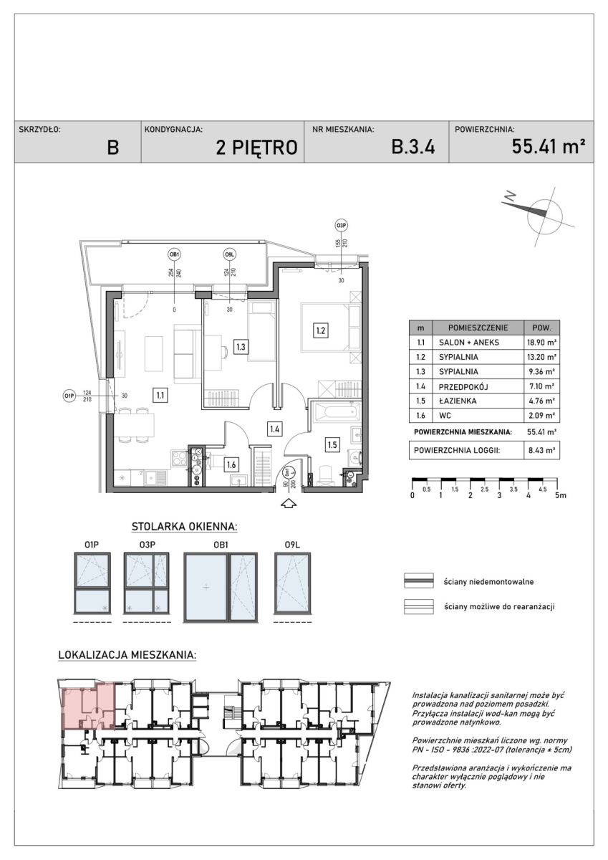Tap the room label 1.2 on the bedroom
click(x=321, y=330)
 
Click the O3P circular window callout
click(x=341, y=227)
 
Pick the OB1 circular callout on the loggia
click(x=174, y=254)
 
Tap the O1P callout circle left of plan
click(x=69, y=395)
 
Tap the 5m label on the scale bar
click(x=562, y=495)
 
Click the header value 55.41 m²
click(x=549, y=147)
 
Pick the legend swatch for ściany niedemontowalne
click(x=420, y=581)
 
